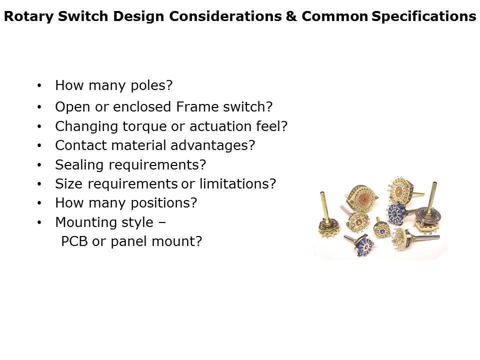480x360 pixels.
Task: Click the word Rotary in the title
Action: coord(29,16)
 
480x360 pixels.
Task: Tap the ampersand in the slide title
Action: coord(291,16)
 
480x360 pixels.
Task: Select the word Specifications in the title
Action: coord(423,16)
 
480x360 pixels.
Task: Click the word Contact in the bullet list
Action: coord(81,145)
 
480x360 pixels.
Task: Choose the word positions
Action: coord(161,203)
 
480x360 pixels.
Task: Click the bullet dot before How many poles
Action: coord(39,85)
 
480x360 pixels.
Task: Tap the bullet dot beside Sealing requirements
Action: coord(39,165)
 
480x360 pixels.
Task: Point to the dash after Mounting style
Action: coord(162,222)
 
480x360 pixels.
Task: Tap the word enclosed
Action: coord(142,107)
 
